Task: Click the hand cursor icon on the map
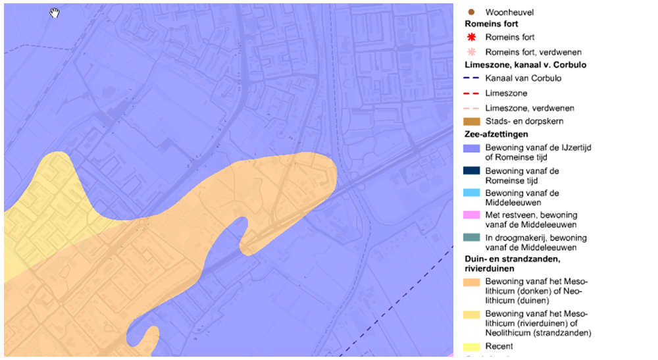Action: pyautogui.click(x=55, y=13)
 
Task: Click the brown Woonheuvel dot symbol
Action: pyautogui.click(x=471, y=12)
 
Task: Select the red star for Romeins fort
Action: pyautogui.click(x=471, y=38)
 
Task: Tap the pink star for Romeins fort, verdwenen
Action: pyautogui.click(x=471, y=52)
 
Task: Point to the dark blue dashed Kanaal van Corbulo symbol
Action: pyautogui.click(x=472, y=78)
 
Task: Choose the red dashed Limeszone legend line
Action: pyautogui.click(x=472, y=93)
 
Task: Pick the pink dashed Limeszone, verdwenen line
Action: pyautogui.click(x=472, y=108)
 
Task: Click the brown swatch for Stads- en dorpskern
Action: pyautogui.click(x=472, y=122)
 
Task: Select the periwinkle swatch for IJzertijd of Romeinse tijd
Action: pyautogui.click(x=472, y=149)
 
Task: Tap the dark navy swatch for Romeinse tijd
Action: pyautogui.click(x=472, y=171)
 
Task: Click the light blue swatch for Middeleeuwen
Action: pyautogui.click(x=472, y=193)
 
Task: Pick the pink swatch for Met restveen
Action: pyautogui.click(x=472, y=216)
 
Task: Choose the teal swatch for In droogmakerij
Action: pyautogui.click(x=472, y=238)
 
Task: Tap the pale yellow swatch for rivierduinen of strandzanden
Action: pyautogui.click(x=472, y=314)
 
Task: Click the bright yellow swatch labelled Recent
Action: pyautogui.click(x=472, y=346)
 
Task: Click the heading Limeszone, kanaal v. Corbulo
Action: pyautogui.click(x=525, y=65)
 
